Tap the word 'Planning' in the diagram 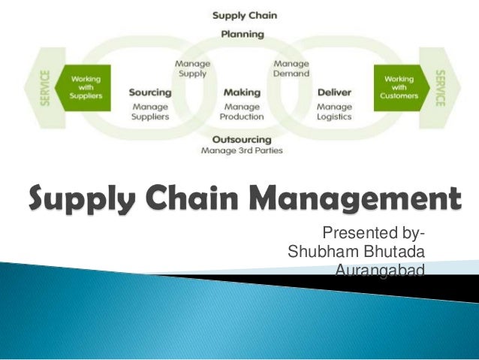[242, 34]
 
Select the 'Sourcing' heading [150, 92]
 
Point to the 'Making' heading [242, 92]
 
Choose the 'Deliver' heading [334, 92]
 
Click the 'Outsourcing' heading [242, 140]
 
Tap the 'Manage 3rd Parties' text [242, 150]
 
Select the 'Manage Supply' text [192, 68]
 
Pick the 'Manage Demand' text [291, 68]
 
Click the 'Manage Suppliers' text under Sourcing [150, 112]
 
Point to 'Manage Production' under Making [242, 112]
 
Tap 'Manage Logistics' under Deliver [334, 112]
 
